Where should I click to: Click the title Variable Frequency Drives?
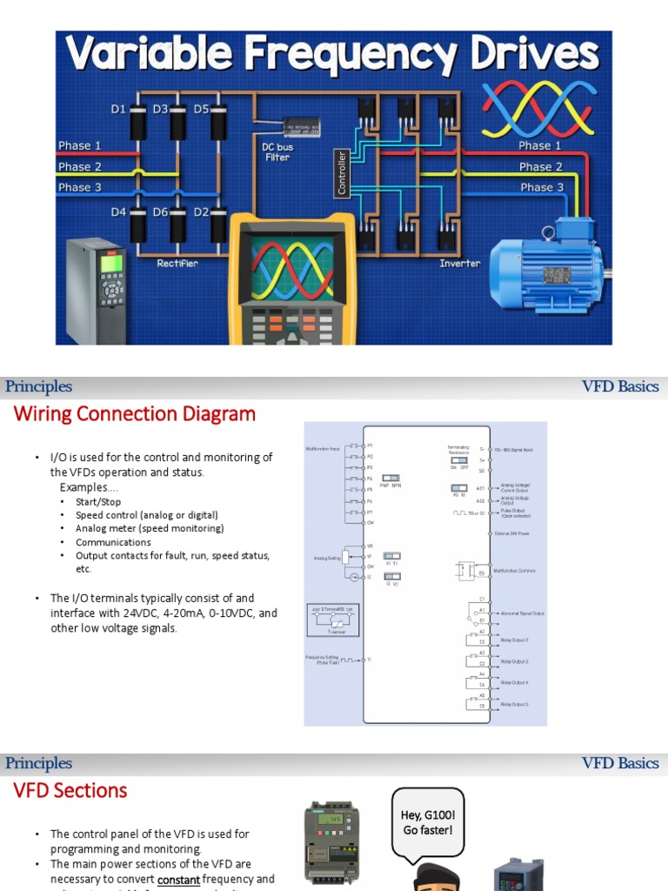pos(333,55)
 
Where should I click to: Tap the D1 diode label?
pos(118,109)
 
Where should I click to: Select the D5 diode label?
pos(201,109)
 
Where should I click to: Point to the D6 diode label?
pos(161,211)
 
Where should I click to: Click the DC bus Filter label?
pos(277,152)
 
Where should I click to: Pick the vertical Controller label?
pos(342,172)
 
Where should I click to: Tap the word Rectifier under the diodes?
pos(177,263)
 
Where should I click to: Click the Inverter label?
pos(459,263)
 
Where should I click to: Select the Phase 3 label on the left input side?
pos(80,187)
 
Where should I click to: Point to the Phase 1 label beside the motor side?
pos(540,145)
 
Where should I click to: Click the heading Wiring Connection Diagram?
pos(135,414)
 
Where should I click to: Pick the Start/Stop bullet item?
pos(98,502)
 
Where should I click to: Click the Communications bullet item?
pos(113,542)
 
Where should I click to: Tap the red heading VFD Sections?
pos(70,791)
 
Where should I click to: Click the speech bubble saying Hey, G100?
pos(428,822)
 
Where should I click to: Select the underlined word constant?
pos(181,880)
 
